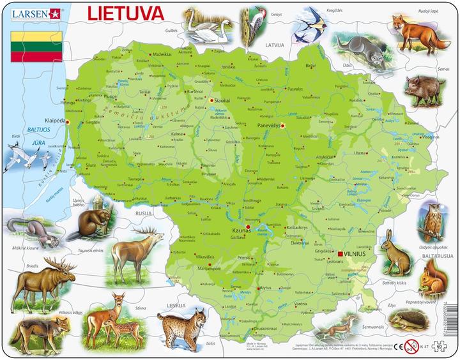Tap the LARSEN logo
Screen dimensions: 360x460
pyautogui.click(x=29, y=11)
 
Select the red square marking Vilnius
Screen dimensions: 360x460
pyautogui.click(x=341, y=254)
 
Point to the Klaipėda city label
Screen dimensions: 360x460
pyautogui.click(x=54, y=120)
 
